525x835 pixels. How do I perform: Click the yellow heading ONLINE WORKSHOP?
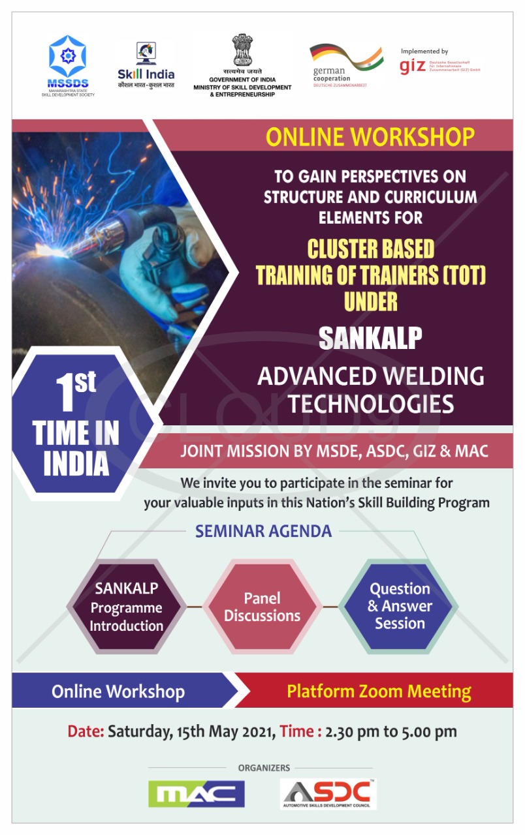tap(370, 137)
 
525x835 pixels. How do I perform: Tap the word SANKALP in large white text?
tap(370, 337)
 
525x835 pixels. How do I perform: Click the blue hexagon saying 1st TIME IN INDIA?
tap(76, 424)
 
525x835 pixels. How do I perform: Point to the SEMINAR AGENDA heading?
tap(263, 531)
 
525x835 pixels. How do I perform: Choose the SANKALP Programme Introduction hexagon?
tap(127, 607)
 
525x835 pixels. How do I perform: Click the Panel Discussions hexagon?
tap(262, 607)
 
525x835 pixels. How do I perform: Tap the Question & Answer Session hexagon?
tap(400, 605)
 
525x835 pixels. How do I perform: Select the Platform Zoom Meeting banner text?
tap(379, 691)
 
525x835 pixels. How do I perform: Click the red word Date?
tap(86, 731)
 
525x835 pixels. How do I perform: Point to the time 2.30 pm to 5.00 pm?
tap(391, 731)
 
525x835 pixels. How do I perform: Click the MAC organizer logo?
tap(196, 794)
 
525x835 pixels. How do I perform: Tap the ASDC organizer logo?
tap(328, 794)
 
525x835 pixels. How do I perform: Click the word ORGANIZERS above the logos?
tap(264, 768)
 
